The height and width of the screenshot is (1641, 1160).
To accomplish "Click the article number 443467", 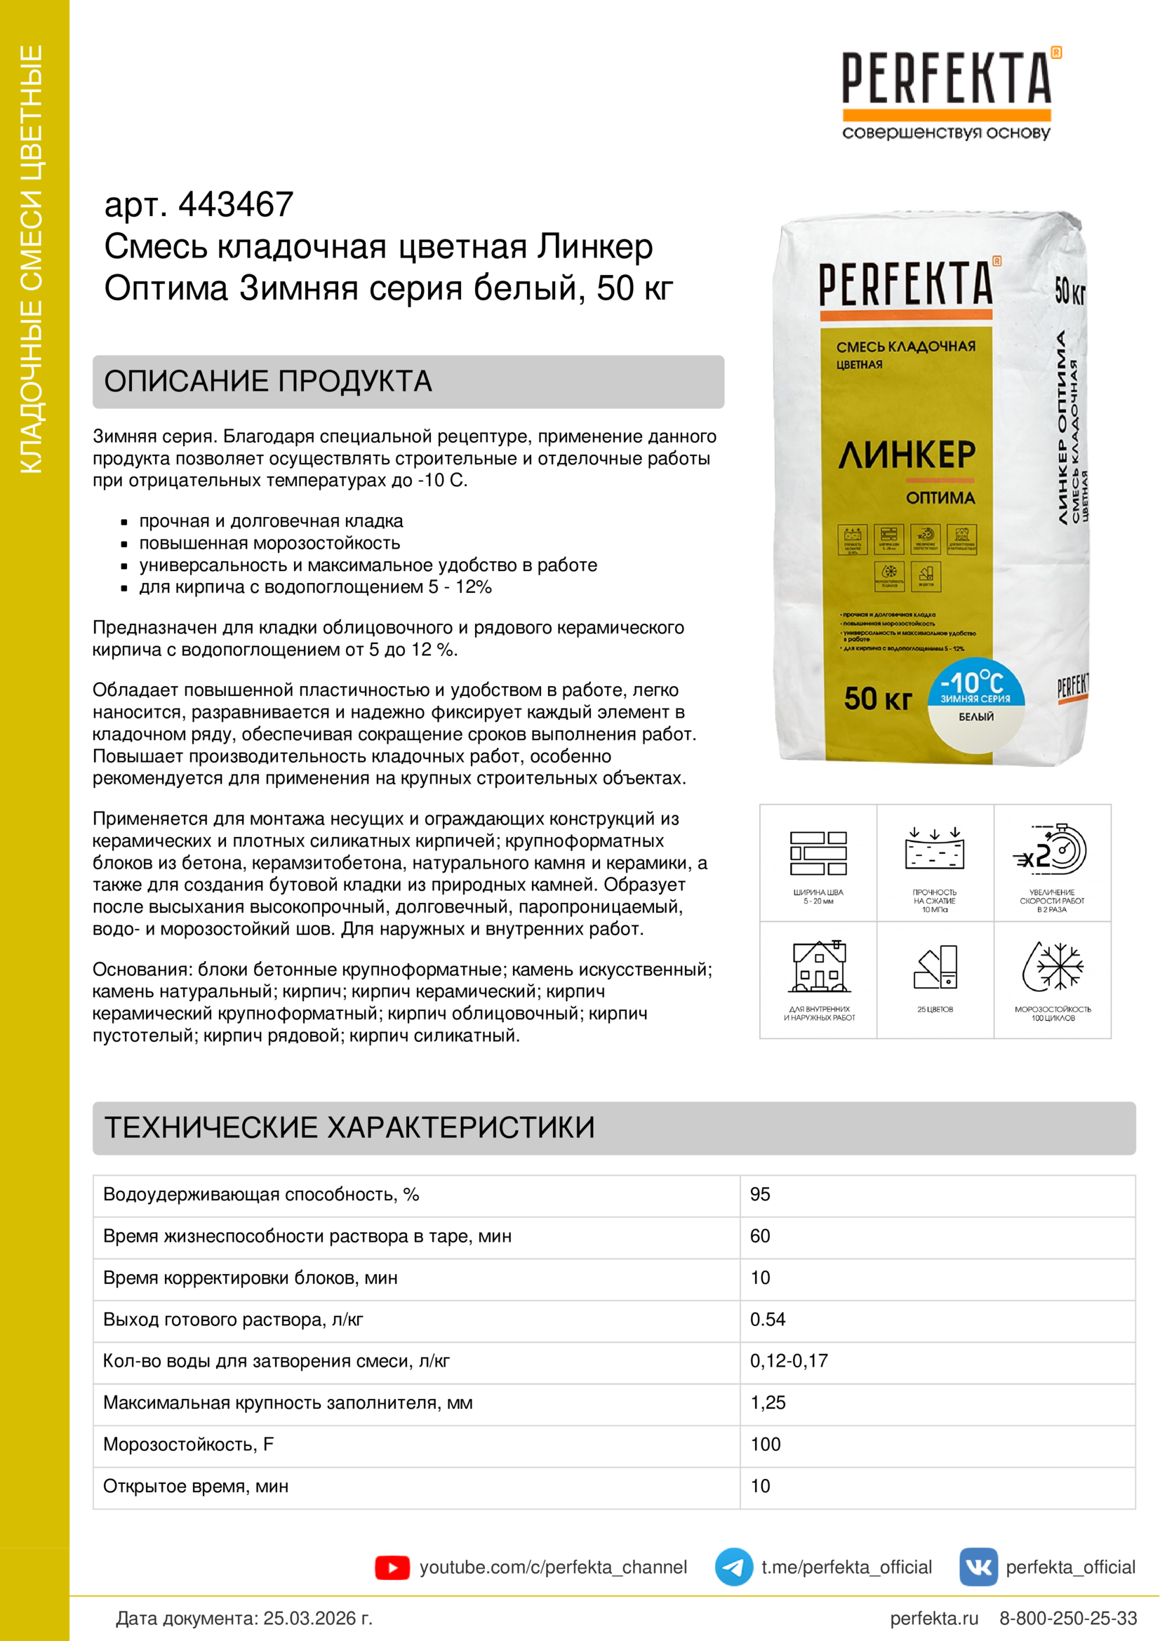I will [235, 205].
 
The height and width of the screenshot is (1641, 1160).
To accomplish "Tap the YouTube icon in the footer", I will [392, 1567].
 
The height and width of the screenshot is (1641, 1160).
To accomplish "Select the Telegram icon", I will [733, 1567].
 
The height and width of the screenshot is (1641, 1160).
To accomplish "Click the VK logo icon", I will [978, 1567].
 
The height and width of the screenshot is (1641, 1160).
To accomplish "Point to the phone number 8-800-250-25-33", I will [1067, 1619].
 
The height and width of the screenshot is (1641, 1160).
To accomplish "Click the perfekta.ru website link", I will [933, 1619].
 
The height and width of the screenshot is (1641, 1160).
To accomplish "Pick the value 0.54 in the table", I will [767, 1320].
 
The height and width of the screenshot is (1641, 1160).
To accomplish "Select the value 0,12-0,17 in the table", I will [788, 1361].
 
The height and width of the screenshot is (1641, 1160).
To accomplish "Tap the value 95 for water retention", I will [760, 1194].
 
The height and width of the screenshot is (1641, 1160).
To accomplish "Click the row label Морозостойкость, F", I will [188, 1445].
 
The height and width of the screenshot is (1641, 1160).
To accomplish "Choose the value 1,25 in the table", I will [768, 1402].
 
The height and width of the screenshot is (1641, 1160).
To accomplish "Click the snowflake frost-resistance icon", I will [1053, 967].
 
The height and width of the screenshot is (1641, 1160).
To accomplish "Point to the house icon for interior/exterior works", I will [819, 967].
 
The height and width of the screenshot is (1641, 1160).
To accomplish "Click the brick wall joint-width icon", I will [818, 852].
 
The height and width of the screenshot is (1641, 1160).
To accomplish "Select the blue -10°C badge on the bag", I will [975, 684].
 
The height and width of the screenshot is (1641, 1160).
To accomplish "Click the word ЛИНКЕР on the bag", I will [906, 455].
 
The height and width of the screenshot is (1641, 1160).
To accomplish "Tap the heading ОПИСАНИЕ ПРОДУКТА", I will [268, 382].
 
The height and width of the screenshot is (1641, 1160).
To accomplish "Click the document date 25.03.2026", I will [317, 1619].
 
